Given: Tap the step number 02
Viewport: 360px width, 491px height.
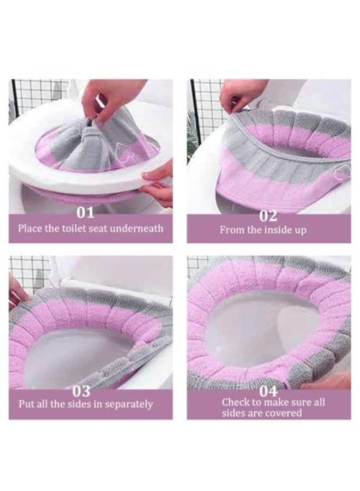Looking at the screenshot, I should click(x=268, y=215).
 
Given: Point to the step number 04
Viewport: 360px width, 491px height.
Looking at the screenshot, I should click(x=268, y=391).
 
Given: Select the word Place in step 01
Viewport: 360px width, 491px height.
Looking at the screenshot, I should click(x=31, y=228).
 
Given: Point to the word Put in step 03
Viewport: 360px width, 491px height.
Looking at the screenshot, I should click(x=27, y=404).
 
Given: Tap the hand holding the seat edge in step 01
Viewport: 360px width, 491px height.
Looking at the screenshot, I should click(x=158, y=180).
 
